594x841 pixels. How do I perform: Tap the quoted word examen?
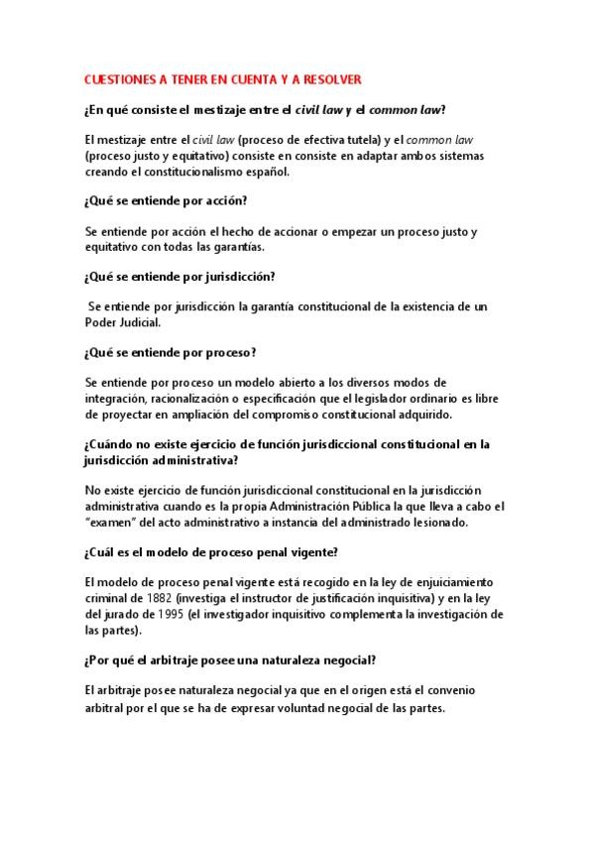point(113,522)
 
